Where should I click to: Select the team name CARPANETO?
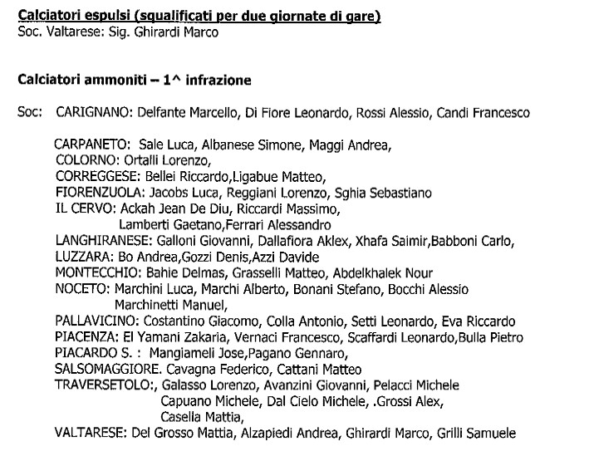pyautogui.click(x=92, y=145)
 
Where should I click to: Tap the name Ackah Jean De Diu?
pyautogui.click(x=173, y=208)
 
